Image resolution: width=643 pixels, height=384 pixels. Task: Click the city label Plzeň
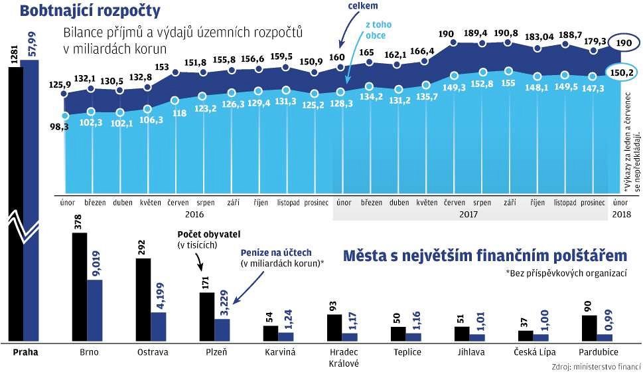(x=217, y=352)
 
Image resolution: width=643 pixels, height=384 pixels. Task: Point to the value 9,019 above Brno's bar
(x=96, y=262)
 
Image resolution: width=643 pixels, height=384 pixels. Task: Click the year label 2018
(x=621, y=215)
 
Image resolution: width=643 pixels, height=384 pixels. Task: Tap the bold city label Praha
(x=25, y=352)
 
